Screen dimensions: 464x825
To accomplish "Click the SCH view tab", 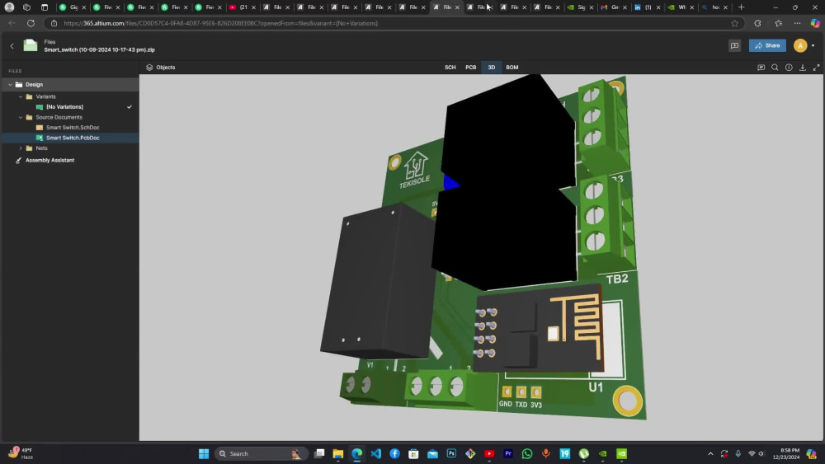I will coord(450,68).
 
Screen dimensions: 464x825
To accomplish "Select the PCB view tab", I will coord(470,68).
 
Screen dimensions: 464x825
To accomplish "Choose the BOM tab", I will coord(512,68).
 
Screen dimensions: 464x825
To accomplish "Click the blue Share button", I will coord(767,46).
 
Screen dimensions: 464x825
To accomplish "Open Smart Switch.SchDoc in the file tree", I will coord(73,128).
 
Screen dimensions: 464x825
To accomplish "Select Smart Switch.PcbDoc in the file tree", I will coord(73,138).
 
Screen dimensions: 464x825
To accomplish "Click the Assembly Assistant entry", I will coord(49,160).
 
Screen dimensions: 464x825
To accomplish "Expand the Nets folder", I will coord(21,148).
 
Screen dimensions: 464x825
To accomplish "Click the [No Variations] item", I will coord(64,107).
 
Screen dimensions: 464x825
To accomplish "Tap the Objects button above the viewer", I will coord(161,68).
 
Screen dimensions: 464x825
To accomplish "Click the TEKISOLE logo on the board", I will coord(415,170).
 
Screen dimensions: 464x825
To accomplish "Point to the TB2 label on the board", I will coord(617,279).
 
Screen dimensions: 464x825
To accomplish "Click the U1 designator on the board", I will coord(596,387).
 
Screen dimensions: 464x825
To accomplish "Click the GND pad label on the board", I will coord(506,405).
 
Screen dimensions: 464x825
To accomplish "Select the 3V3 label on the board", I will coord(536,405).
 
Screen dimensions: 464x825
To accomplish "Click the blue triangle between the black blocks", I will coord(450,183).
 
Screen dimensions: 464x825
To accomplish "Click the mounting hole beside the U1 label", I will coord(628,401).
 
